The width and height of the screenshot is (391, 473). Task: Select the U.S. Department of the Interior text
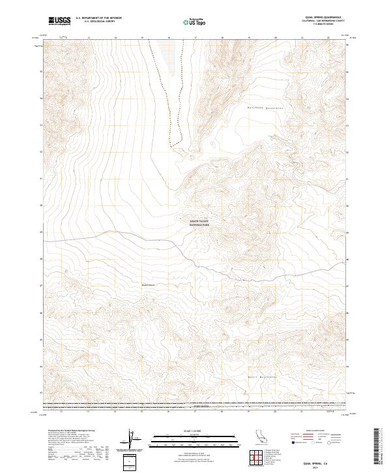[98, 18]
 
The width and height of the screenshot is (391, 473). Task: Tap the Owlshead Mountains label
[263, 106]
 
